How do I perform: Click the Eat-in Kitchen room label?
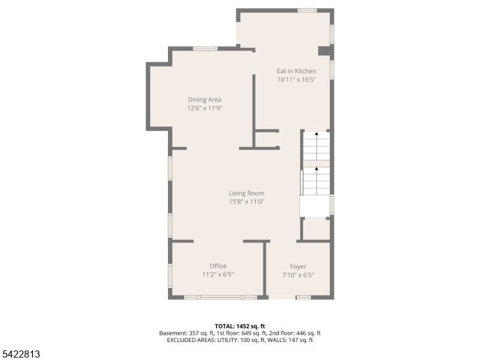coord(296,71)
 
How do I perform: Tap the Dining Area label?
coord(205,100)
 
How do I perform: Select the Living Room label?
coord(247,193)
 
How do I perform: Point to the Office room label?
coord(218,266)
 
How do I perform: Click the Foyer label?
coord(298,266)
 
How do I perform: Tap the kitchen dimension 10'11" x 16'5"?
coord(296,80)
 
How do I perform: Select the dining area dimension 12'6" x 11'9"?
coord(205,108)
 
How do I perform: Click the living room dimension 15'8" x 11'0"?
coord(247,202)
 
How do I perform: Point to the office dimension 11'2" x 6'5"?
coord(218,274)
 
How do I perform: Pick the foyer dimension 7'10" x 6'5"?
coord(298,275)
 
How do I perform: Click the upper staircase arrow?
coord(317,146)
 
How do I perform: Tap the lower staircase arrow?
coord(317,181)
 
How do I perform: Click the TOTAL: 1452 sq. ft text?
coord(239,326)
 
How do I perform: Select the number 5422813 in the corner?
coord(20,354)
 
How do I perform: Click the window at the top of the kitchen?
coord(307,11)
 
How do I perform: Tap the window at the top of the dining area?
coord(205,49)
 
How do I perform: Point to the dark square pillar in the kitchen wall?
coord(324,51)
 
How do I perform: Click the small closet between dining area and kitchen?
coord(266,139)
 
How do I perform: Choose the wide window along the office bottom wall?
coord(220,297)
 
